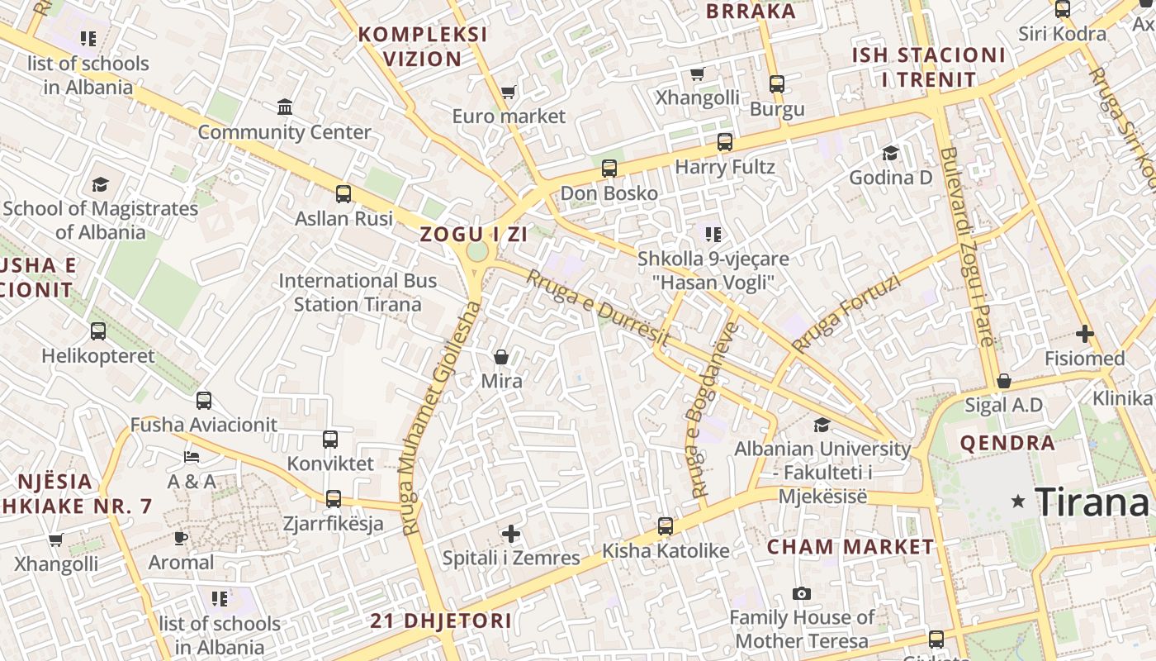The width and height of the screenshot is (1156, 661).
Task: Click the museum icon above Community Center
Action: pyautogui.click(x=285, y=107)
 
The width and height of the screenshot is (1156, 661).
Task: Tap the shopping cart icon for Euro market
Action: pyautogui.click(x=508, y=92)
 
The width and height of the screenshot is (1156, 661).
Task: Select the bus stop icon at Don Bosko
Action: pyautogui.click(x=609, y=169)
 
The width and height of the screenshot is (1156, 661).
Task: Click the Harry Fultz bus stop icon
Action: pyautogui.click(x=724, y=142)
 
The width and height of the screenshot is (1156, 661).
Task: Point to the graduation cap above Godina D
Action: pyautogui.click(x=890, y=153)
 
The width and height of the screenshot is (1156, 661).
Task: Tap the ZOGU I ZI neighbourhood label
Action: pyautogui.click(x=473, y=234)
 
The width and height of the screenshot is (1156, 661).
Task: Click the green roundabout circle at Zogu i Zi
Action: pyautogui.click(x=477, y=251)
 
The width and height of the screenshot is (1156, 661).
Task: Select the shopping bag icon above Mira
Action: pyautogui.click(x=501, y=357)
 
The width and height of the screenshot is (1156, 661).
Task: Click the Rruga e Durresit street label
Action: pyautogui.click(x=597, y=307)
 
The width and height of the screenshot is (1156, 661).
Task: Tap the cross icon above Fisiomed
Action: pyautogui.click(x=1084, y=334)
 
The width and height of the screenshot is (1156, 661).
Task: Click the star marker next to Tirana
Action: pyautogui.click(x=1018, y=502)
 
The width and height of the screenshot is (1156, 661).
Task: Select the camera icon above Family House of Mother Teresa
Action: pyautogui.click(x=801, y=593)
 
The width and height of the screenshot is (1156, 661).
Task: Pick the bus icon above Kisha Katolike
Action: pyautogui.click(x=665, y=526)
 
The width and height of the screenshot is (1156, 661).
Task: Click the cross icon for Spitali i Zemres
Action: pyautogui.click(x=511, y=534)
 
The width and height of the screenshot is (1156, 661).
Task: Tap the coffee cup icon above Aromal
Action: pyautogui.click(x=181, y=538)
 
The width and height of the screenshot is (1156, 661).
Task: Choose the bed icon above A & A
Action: pyautogui.click(x=192, y=457)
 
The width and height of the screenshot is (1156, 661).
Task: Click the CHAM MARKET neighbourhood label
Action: pyautogui.click(x=850, y=547)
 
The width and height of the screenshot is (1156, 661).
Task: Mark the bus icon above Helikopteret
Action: pyautogui.click(x=98, y=331)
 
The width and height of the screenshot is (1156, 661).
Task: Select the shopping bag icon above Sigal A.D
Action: pyautogui.click(x=1003, y=381)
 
